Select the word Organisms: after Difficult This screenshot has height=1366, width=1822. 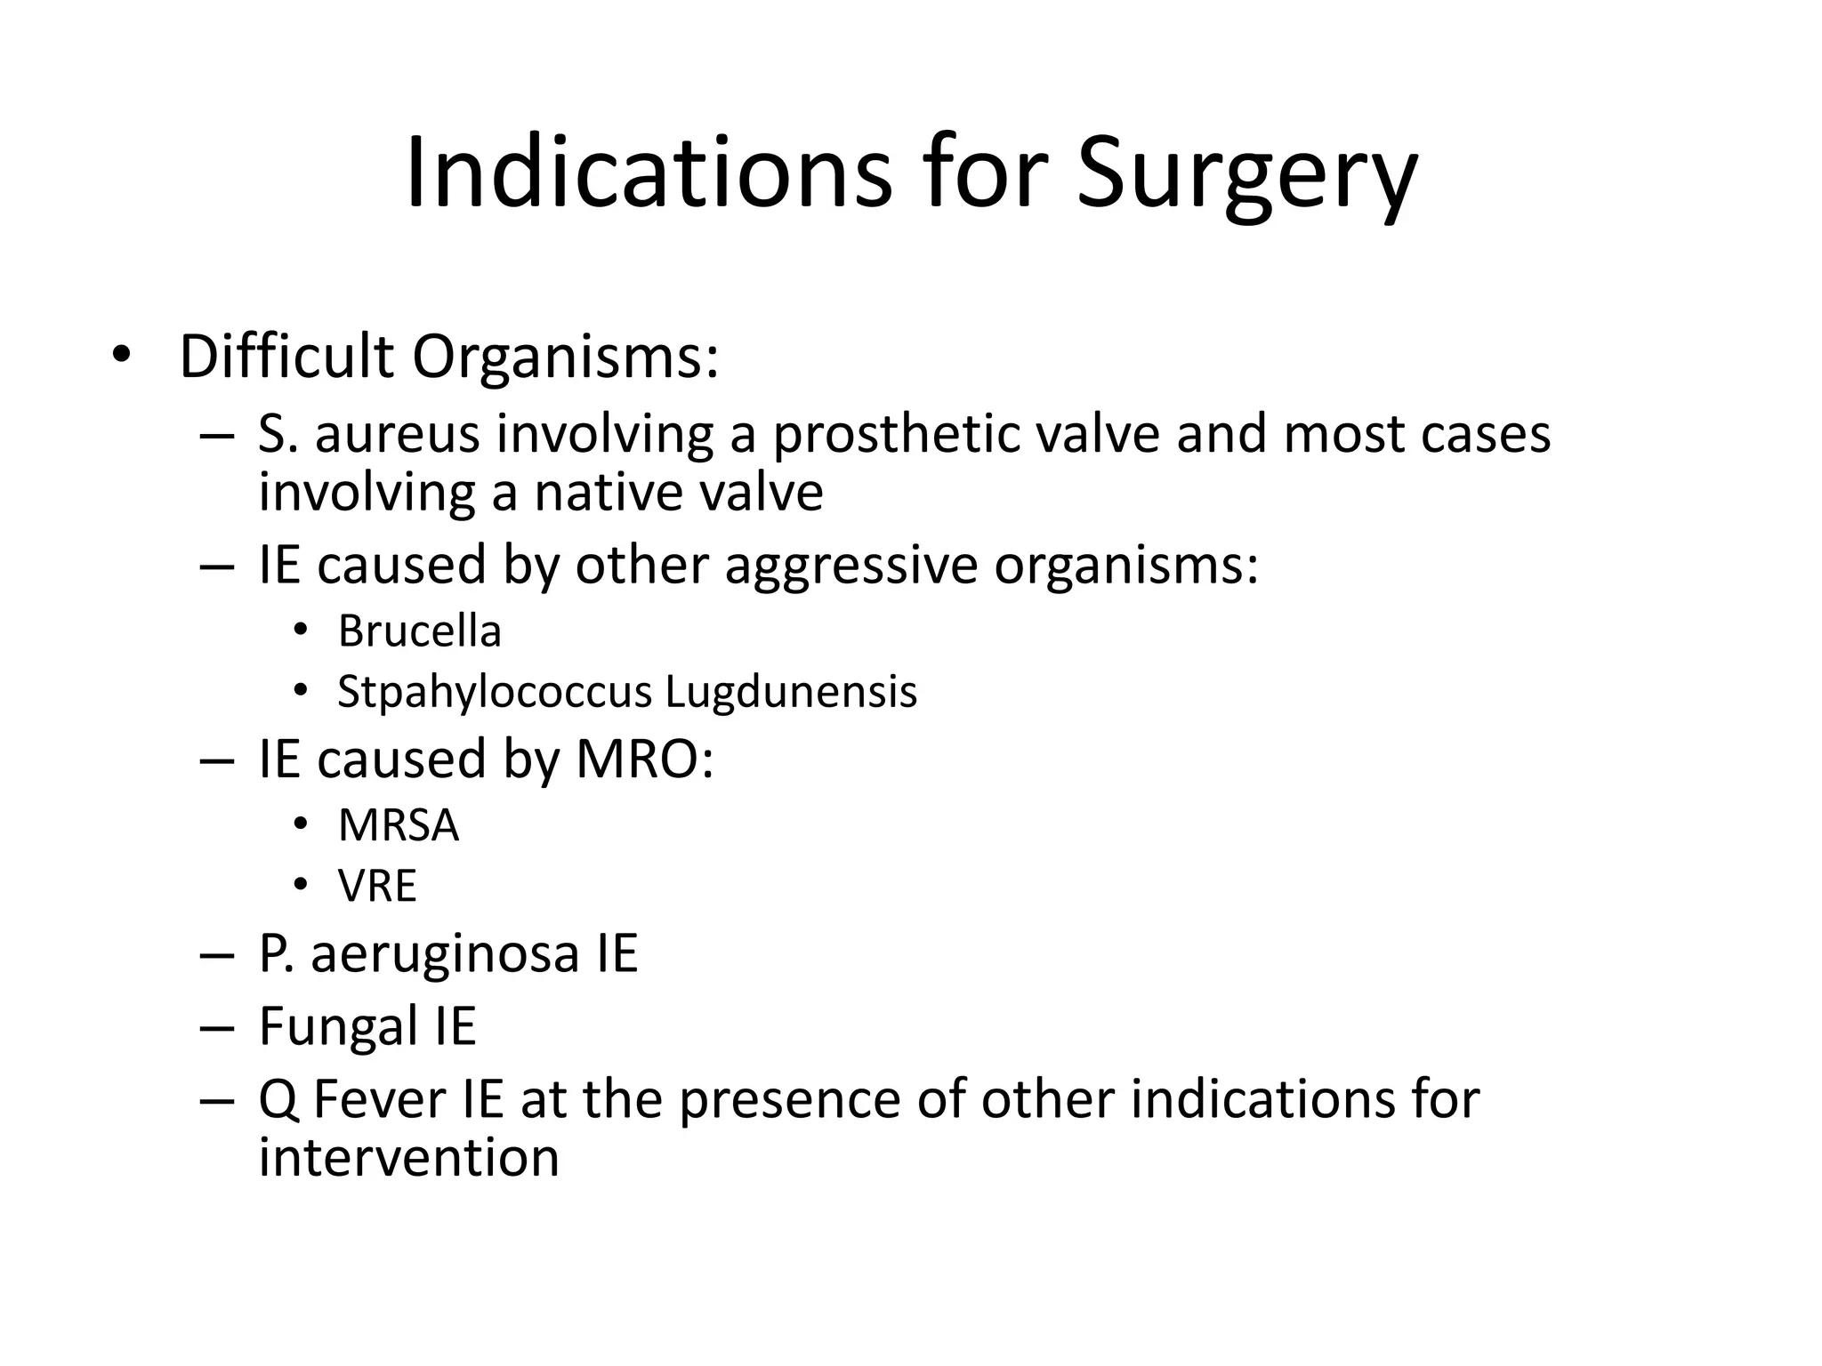[565, 358]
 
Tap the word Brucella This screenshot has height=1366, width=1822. [420, 632]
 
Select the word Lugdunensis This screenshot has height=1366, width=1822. [791, 692]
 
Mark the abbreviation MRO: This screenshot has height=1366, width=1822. [644, 759]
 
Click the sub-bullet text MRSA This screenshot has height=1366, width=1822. [399, 826]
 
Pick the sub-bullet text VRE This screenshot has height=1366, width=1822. [377, 886]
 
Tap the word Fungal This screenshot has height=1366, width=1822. [339, 1026]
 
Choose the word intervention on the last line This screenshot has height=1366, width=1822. [409, 1158]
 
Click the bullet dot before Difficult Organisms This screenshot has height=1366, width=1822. [121, 357]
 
